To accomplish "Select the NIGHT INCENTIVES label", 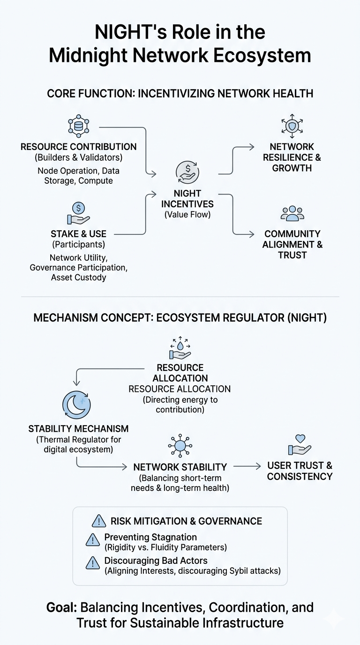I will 187,199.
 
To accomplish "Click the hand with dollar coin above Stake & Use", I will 78,213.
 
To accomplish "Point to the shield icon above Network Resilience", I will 292,126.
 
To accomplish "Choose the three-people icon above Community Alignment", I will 292,213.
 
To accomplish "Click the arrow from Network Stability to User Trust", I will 247,466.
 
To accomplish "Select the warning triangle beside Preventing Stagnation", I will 93,540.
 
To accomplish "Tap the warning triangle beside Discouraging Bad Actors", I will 93,563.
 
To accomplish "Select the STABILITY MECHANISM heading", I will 78,429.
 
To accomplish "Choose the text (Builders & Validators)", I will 78,157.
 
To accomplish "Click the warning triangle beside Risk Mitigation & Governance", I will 99,521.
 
